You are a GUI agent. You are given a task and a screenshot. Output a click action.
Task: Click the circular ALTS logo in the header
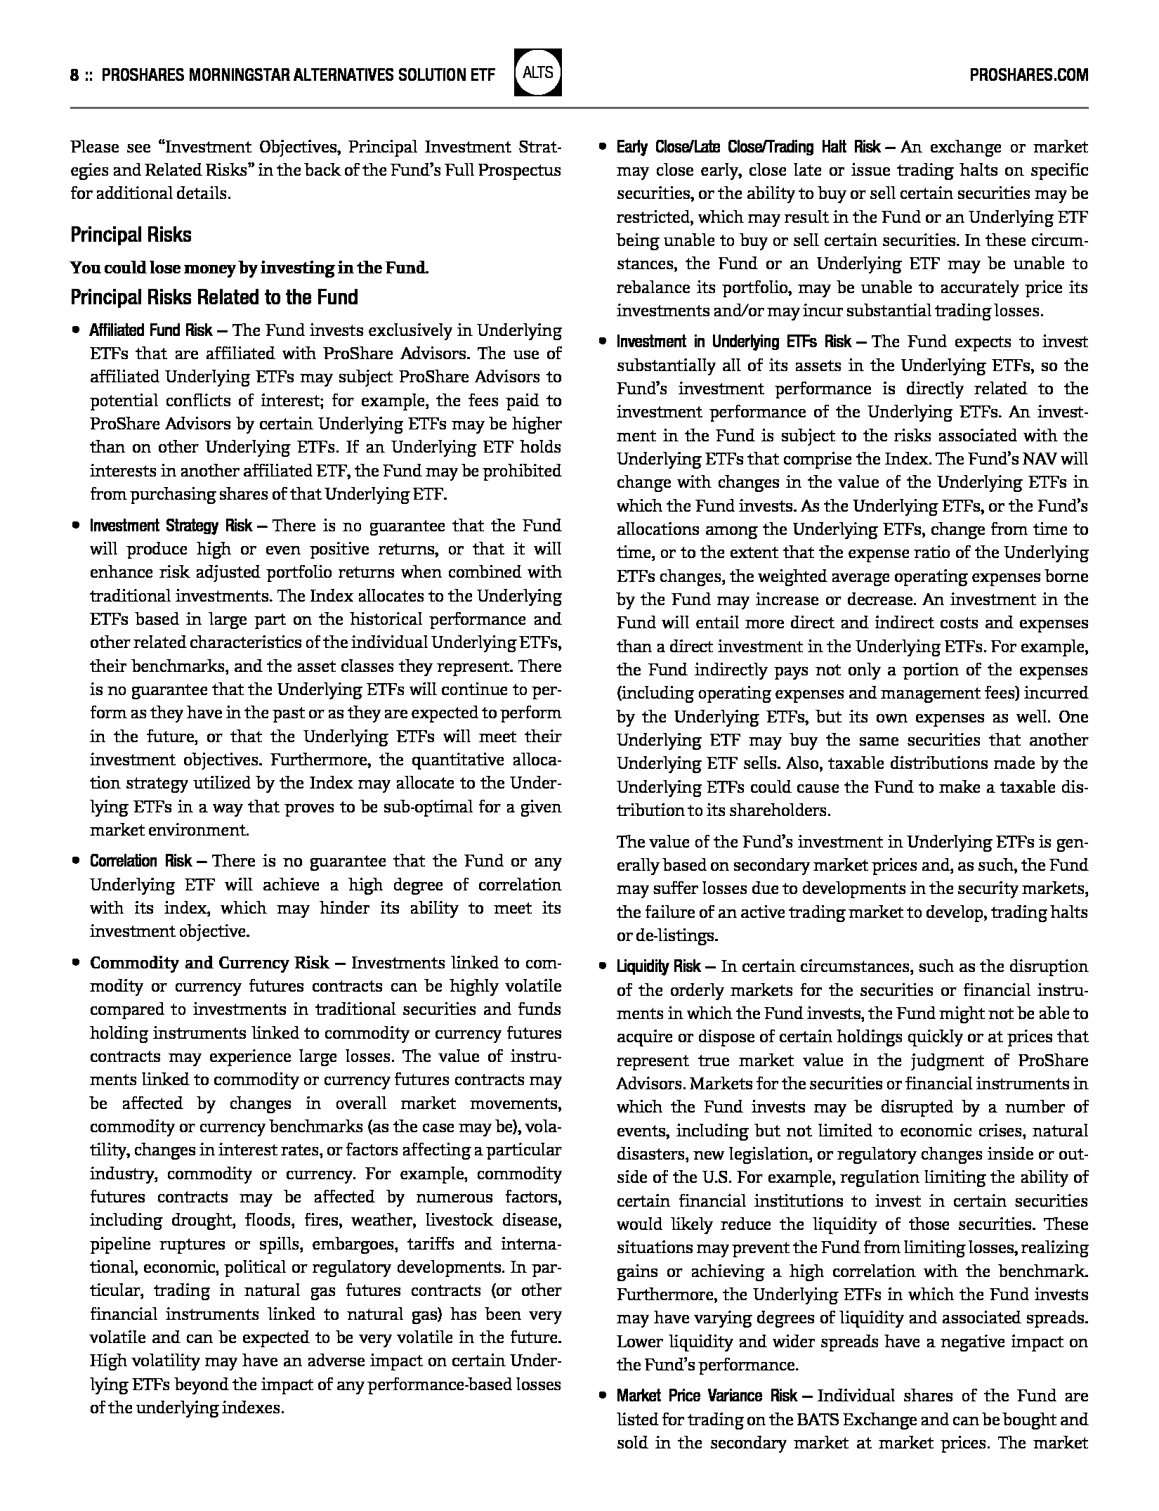tap(538, 72)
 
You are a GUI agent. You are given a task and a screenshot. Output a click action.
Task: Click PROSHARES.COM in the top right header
tap(1028, 75)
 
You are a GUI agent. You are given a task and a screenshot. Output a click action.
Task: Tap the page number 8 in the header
tap(74, 75)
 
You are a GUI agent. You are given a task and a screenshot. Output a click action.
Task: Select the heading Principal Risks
tap(131, 235)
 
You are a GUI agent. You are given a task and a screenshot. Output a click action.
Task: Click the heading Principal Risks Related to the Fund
tap(214, 297)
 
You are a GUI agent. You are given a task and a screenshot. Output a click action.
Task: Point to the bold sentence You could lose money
tap(249, 268)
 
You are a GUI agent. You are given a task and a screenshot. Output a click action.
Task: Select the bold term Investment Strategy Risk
tap(171, 526)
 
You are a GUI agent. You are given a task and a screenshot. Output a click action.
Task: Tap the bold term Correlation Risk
tap(140, 861)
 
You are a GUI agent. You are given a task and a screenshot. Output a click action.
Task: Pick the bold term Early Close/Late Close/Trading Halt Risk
tap(748, 148)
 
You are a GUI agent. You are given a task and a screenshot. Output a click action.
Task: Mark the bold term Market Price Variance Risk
tap(707, 1396)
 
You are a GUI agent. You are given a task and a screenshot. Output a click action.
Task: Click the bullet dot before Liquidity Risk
tap(602, 966)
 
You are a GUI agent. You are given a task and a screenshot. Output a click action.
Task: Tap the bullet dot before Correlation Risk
tap(75, 861)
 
